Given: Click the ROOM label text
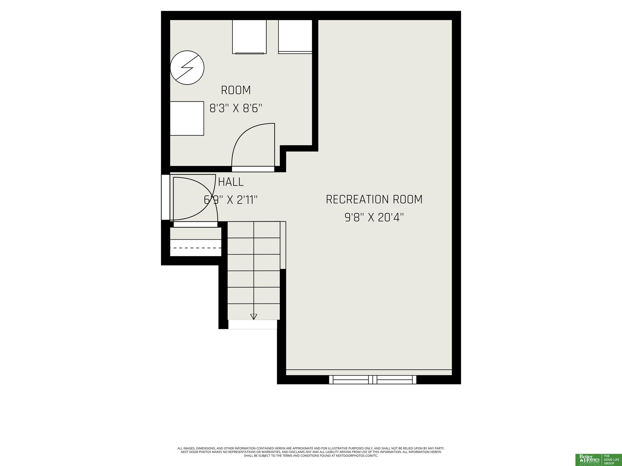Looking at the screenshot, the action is pos(236,90).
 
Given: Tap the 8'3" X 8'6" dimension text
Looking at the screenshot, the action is pos(236,108).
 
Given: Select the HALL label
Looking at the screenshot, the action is pos(231,182).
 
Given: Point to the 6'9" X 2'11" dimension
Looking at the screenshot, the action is pos(231,200).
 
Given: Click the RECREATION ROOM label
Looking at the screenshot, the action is pos(374,199).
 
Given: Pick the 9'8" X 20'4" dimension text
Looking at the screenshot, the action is pos(374,217).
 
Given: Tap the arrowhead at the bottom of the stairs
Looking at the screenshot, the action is pos(254,317).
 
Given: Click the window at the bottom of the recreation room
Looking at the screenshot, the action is pos(373,379).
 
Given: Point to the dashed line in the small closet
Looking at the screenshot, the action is pos(196,248).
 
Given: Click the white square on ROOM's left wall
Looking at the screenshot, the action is pos(187,119).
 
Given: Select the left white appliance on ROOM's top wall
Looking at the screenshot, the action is pos(249,37).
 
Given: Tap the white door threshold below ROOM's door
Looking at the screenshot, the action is pos(253,169).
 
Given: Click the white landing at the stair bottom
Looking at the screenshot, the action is pos(252,324).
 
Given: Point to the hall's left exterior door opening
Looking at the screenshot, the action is pos(165,197).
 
